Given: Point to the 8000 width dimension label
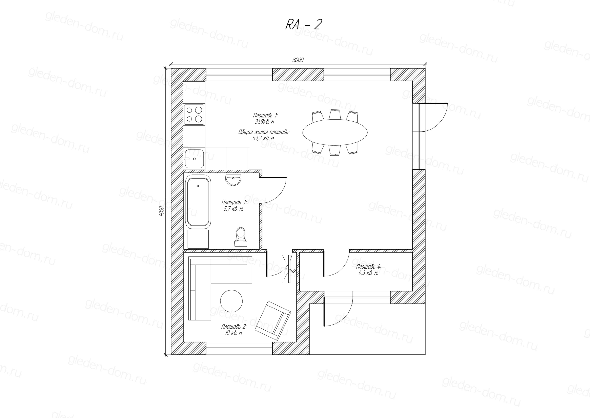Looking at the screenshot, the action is [x=298, y=60].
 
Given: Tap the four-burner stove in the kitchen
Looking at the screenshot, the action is [x=194, y=115].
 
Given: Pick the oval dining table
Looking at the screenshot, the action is [x=335, y=132].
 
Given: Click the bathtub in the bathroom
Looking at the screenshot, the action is [x=198, y=202].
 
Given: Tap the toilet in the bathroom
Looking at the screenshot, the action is [x=241, y=237].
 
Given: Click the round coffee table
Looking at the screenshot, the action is [x=231, y=301].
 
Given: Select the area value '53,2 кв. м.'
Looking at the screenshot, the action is [x=264, y=138].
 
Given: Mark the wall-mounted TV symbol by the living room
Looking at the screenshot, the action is [x=290, y=269].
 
